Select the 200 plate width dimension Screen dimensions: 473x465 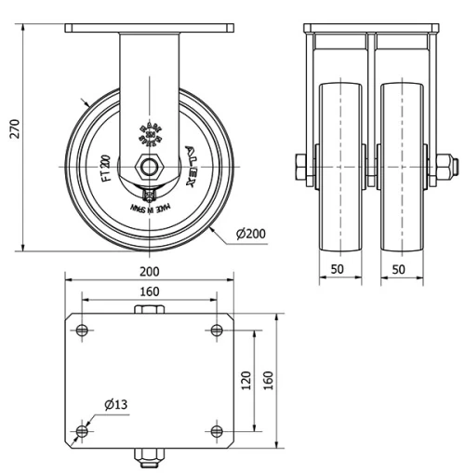[x=149, y=271]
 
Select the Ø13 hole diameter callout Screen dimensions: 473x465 [x=115, y=404]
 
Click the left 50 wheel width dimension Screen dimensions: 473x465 [x=337, y=269]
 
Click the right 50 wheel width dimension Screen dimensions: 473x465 [x=399, y=269]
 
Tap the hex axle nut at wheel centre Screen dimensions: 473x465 [x=149, y=167]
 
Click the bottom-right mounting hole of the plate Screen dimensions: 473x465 [x=217, y=430]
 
